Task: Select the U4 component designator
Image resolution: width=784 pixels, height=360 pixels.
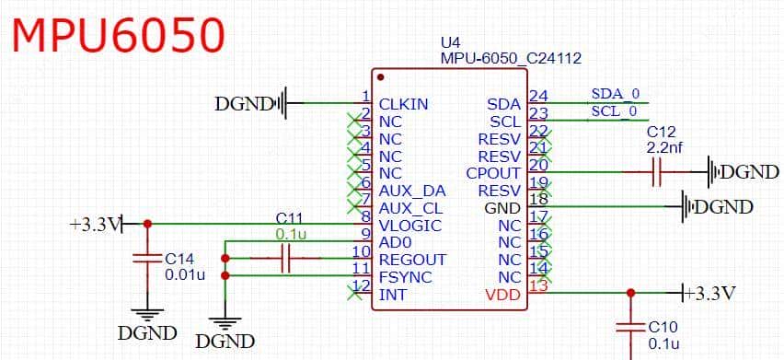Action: (x=450, y=42)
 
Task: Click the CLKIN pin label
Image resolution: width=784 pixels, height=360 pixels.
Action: (x=404, y=104)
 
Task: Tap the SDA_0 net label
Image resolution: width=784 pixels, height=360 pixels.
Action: (x=615, y=94)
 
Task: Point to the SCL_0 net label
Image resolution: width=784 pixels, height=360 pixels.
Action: (x=614, y=110)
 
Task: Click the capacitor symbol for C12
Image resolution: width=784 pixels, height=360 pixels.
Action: (x=657, y=172)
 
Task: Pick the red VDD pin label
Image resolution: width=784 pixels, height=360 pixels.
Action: (x=502, y=295)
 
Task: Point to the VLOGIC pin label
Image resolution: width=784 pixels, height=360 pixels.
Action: (x=410, y=226)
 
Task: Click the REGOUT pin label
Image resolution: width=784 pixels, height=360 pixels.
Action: (x=412, y=260)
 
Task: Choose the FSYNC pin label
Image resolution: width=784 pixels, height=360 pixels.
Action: (x=406, y=277)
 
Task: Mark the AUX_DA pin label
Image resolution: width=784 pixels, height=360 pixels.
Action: (x=412, y=191)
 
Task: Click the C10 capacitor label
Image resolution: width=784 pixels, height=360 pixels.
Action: (x=663, y=327)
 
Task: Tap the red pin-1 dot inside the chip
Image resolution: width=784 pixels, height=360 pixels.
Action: (x=380, y=77)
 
